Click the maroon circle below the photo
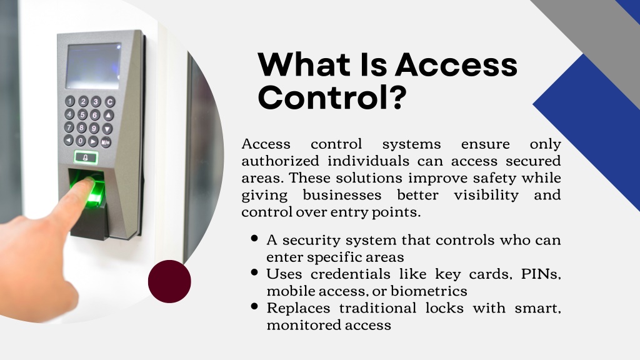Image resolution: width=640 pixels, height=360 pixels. click(x=169, y=282)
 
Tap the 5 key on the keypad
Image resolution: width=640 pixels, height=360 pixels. click(x=83, y=114)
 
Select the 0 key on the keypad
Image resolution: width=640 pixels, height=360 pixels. click(x=81, y=141)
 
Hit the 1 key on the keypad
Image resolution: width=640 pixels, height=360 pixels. click(x=70, y=101)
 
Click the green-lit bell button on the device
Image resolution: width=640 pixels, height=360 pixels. click(x=86, y=157)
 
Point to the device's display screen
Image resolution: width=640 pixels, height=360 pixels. click(x=94, y=66)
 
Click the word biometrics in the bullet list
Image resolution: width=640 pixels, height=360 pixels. click(x=429, y=291)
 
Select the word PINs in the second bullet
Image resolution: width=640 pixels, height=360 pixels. click(x=541, y=274)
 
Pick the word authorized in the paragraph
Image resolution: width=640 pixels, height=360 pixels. click(x=281, y=161)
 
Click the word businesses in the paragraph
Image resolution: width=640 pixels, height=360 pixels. click(x=342, y=195)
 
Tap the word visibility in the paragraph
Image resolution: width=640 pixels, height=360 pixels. click(x=486, y=195)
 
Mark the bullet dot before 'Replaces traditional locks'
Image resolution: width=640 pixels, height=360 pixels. click(x=255, y=306)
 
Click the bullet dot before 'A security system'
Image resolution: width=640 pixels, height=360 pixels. click(x=255, y=238)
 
